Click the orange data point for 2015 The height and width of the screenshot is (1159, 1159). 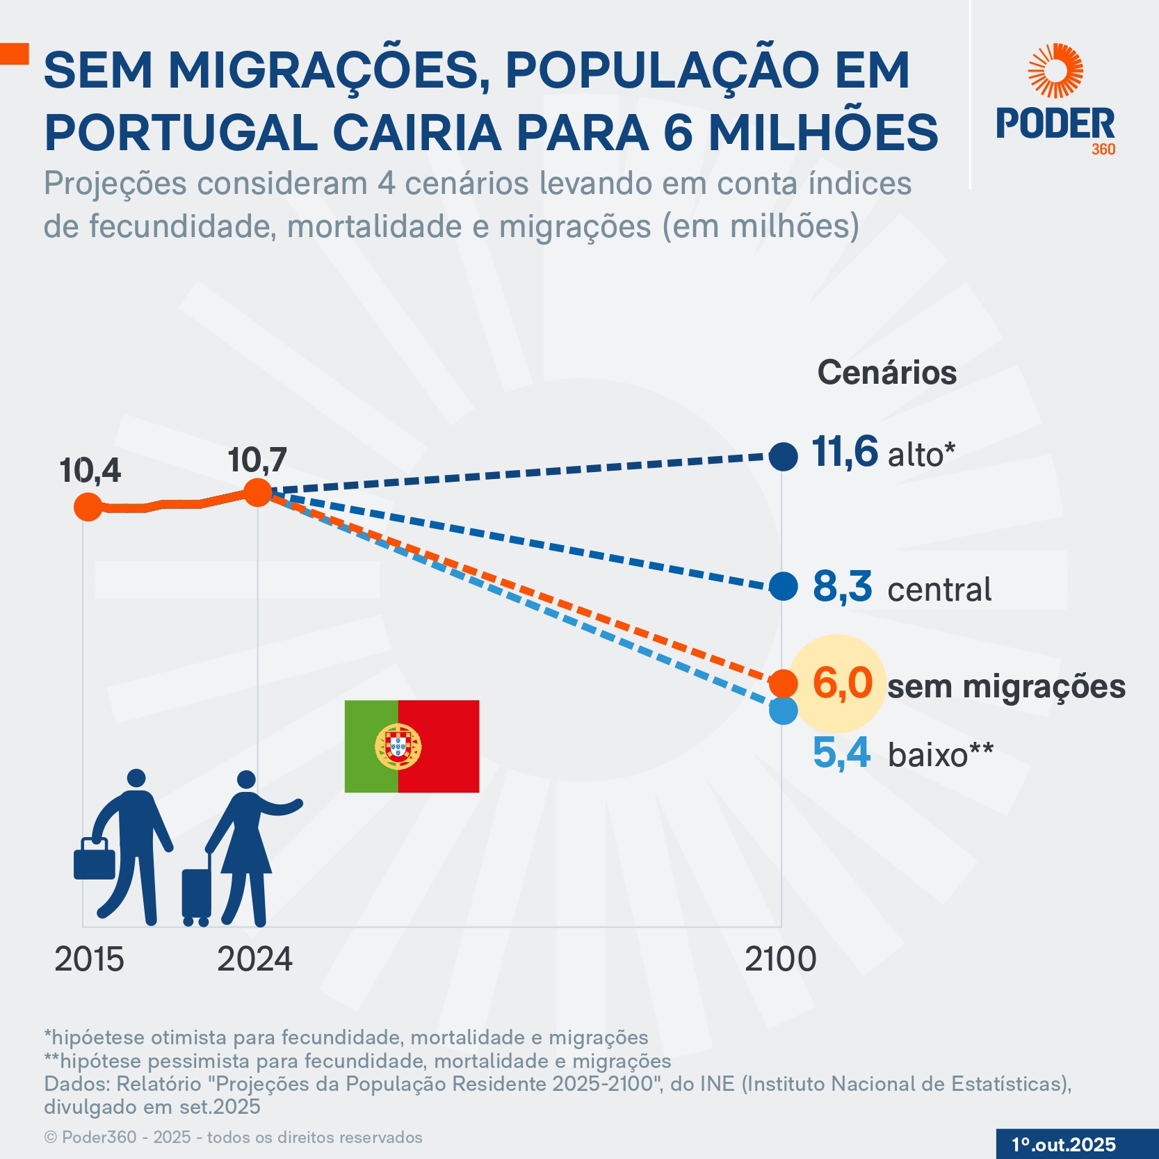coord(88,507)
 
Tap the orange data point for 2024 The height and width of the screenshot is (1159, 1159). coord(257,493)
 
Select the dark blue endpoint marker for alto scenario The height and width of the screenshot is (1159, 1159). coord(784,457)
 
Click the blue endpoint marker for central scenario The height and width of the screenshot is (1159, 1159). coord(784,587)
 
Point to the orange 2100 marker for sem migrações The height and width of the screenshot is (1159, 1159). coord(784,683)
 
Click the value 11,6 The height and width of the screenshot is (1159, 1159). coord(845,452)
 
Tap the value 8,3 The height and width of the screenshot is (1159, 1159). coord(842,587)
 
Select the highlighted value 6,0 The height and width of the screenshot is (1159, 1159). coord(842,683)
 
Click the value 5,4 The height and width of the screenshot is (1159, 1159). coord(841,753)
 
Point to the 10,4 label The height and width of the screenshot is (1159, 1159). coord(90,471)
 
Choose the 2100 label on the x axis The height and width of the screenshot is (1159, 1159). coord(780,959)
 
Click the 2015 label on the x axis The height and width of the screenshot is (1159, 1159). coord(89,960)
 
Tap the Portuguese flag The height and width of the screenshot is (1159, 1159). coord(412,746)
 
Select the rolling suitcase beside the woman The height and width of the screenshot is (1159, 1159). coord(196,893)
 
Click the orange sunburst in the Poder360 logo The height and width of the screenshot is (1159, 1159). coord(1055,71)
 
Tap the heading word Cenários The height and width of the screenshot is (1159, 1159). coord(886,373)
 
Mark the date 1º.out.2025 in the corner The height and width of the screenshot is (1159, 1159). coord(1063,1144)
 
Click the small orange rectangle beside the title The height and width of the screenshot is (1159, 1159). coord(14,54)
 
